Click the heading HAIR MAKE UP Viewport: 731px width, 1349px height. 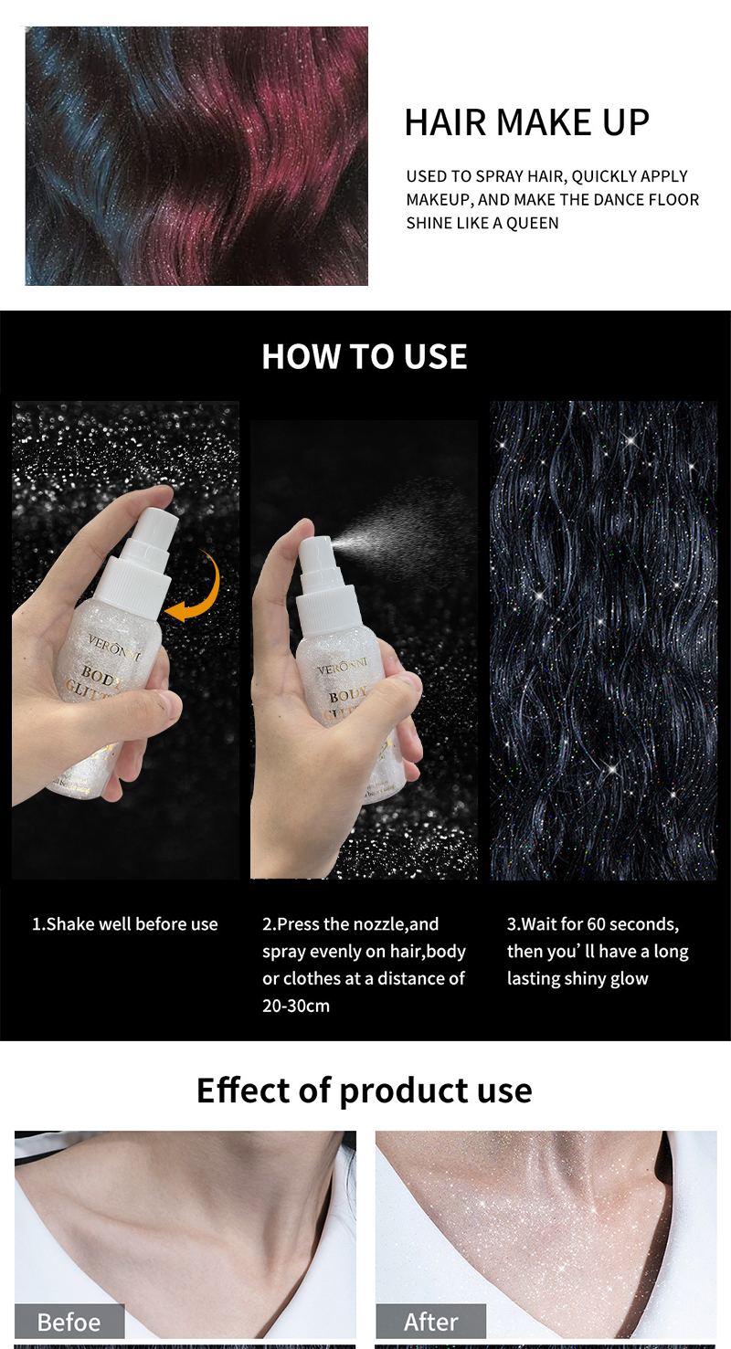526,122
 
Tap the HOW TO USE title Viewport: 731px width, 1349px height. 364,356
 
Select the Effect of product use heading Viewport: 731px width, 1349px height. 364,1090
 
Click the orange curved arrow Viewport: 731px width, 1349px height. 196,589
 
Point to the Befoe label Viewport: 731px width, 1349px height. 69,1322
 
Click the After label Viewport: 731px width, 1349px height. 430,1322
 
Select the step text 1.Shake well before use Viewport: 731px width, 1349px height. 125,924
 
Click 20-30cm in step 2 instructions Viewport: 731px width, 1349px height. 296,1006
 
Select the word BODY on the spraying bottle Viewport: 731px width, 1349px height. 346,697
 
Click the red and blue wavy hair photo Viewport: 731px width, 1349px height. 196,156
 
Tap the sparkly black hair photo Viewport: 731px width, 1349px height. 603,639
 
